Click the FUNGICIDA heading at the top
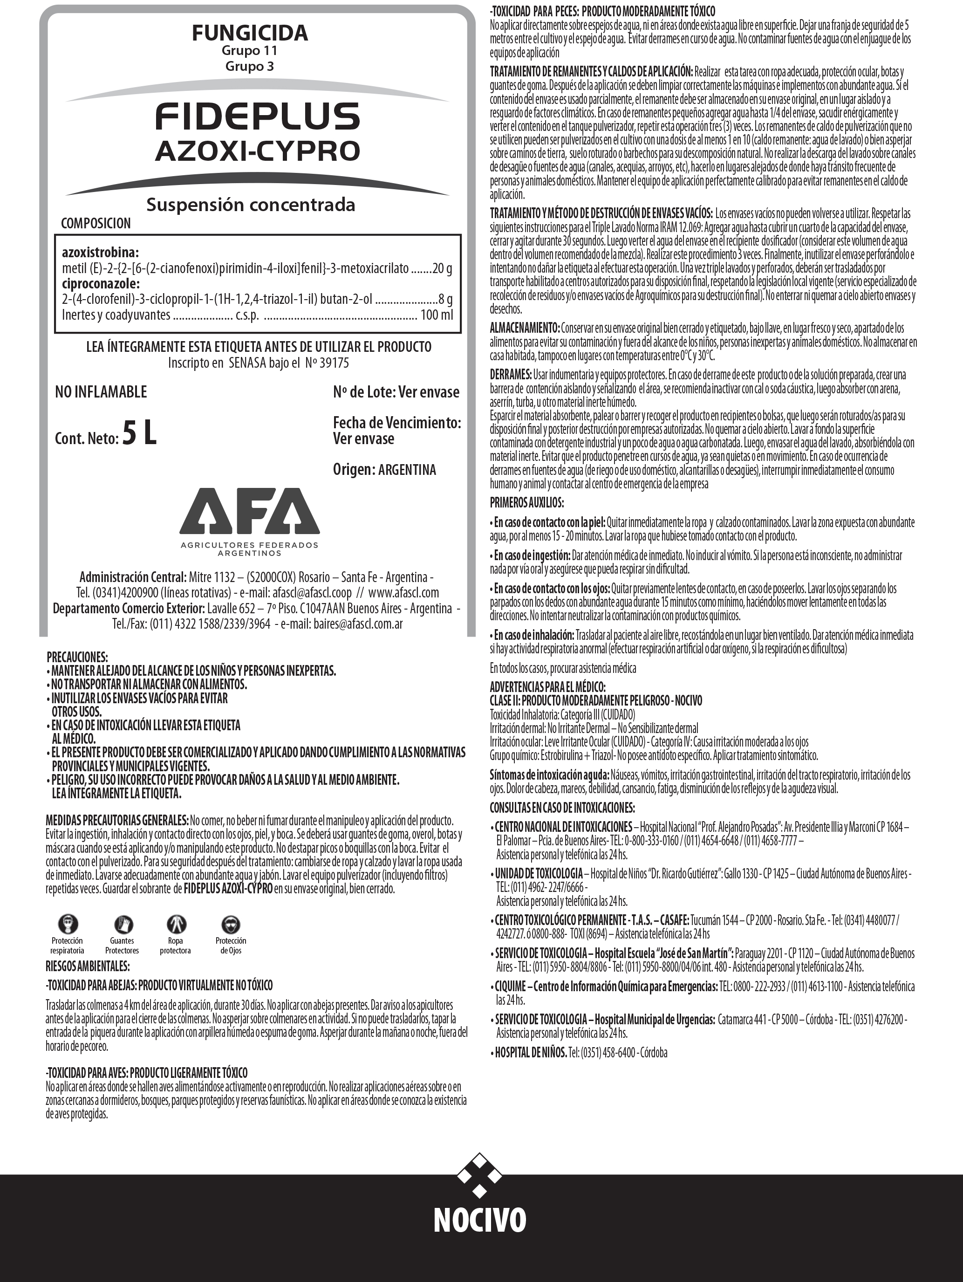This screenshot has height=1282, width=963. pos(250,33)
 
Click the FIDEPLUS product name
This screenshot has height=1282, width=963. pos(257,116)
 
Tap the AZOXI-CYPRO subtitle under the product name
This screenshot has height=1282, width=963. pos(257,151)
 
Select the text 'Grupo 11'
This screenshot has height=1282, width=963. pos(250,51)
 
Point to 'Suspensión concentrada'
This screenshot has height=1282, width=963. pos(250,205)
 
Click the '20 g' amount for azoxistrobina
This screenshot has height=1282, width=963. pos(442,268)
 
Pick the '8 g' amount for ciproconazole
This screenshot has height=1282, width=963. pos(445,299)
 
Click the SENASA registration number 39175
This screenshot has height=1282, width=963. pos(332,363)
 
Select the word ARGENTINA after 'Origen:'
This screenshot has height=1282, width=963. pos(407,469)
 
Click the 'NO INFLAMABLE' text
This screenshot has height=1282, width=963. pos(101,392)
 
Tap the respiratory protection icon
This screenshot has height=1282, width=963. pos(68,924)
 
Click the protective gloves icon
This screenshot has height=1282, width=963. pos(122,924)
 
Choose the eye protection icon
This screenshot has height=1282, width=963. pos(231,924)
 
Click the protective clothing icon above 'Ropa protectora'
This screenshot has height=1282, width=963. pos(176,924)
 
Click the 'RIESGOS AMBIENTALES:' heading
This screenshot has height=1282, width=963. pos(88,966)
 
